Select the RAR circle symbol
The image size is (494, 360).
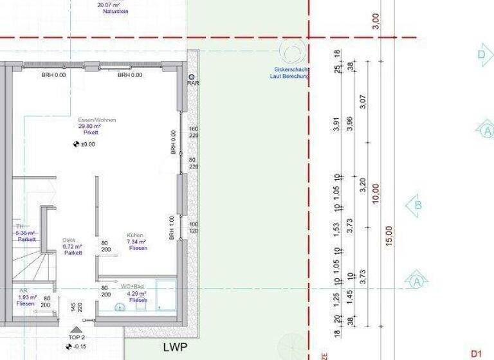pos(191,76)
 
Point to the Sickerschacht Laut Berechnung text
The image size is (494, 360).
pos(289,73)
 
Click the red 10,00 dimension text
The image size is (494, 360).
pos(376,192)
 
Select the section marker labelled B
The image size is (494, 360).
pos(417,206)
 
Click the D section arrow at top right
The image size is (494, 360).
pos(484,55)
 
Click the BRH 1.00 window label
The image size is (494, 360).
pos(172,228)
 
